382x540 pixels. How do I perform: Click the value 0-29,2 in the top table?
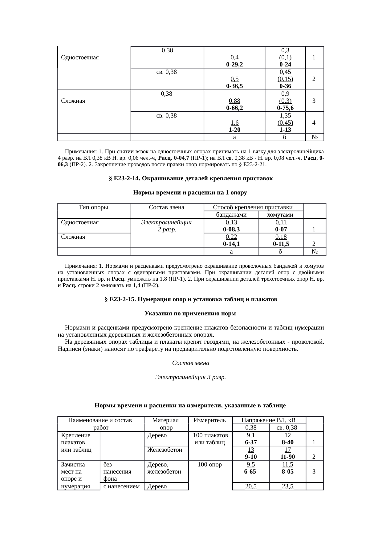[234, 65]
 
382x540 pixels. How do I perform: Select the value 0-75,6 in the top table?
[285, 108]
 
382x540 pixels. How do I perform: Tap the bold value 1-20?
[234, 130]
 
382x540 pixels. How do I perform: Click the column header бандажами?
[231, 215]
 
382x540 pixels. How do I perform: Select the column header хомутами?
[281, 215]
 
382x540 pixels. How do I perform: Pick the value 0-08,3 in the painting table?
[231, 229]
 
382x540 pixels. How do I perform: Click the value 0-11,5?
[281, 244]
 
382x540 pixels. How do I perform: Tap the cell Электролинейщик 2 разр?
[167, 226]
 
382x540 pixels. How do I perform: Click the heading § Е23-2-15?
[191, 299]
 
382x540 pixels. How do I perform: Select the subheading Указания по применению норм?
[190, 314]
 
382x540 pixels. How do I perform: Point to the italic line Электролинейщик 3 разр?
[190, 377]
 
